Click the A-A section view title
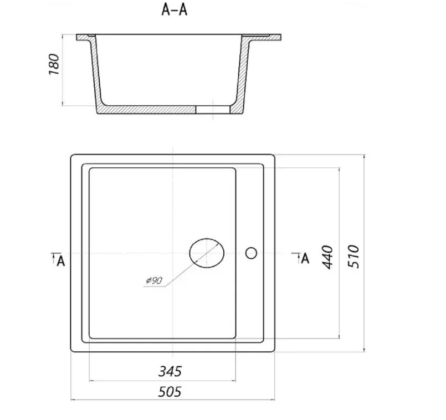[x=175, y=9]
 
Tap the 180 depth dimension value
[x=54, y=64]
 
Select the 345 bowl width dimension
[x=170, y=371]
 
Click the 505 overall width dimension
[x=170, y=392]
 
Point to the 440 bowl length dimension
[x=327, y=257]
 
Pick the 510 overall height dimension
[x=353, y=256]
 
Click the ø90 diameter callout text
[x=154, y=280]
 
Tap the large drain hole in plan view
[x=207, y=253]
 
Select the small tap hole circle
[x=251, y=253]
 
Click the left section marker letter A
[x=61, y=261]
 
